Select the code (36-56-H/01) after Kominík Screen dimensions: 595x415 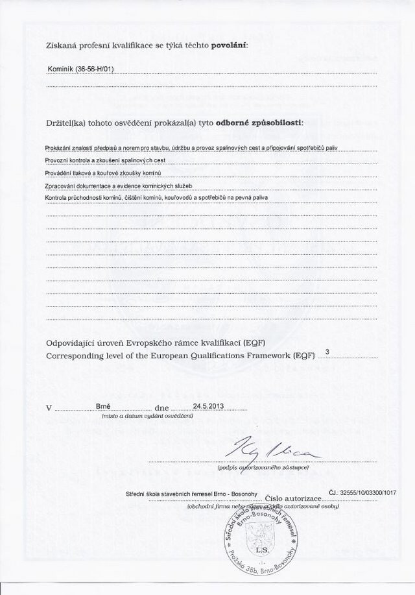coord(95,69)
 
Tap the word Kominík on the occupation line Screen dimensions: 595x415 coord(61,69)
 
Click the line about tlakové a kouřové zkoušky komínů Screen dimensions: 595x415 coord(102,173)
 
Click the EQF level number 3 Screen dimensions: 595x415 coord(327,352)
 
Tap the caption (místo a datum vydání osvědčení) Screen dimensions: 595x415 coord(147,416)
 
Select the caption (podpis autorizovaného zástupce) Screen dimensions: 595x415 coord(263,467)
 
